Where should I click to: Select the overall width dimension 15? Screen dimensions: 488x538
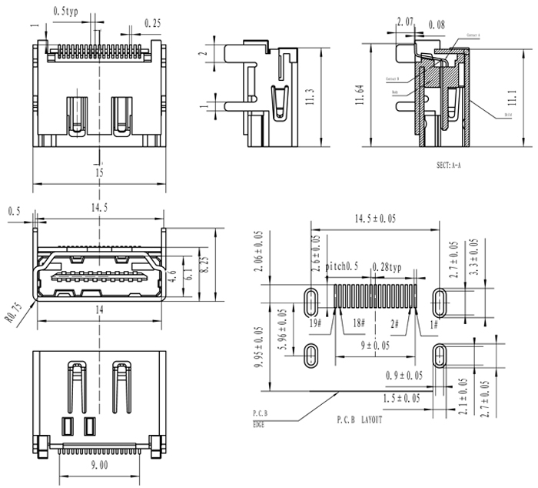point(99,174)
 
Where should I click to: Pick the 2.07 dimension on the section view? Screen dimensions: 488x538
point(406,20)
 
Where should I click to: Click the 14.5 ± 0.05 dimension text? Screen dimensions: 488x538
point(375,219)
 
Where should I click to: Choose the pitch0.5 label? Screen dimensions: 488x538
point(343,266)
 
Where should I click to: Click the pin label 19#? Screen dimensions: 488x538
point(315,324)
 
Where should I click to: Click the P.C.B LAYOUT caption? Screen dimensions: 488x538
point(359,420)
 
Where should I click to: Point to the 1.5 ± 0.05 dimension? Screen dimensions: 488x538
point(402,397)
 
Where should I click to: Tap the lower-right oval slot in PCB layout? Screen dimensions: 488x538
point(439,356)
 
